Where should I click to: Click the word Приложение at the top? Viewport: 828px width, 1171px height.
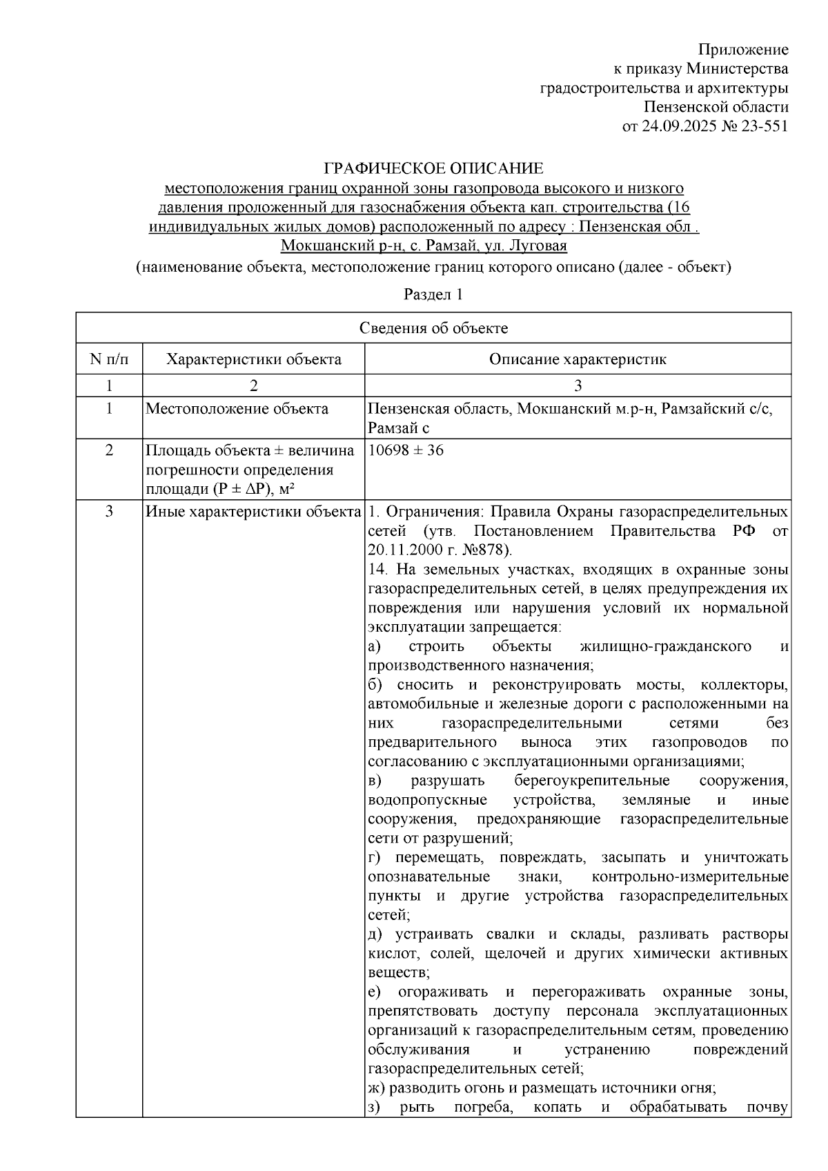pyautogui.click(x=742, y=50)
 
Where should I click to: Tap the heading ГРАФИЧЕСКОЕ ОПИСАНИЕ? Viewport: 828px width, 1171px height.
pyautogui.click(x=433, y=168)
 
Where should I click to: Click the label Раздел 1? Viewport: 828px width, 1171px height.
pyautogui.click(x=433, y=294)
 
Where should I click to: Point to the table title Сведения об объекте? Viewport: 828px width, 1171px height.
pyautogui.click(x=433, y=328)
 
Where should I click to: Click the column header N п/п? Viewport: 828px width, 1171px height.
pyautogui.click(x=109, y=359)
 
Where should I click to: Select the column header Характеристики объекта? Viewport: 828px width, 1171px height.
pyautogui.click(x=254, y=359)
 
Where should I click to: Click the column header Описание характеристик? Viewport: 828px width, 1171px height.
pyautogui.click(x=578, y=359)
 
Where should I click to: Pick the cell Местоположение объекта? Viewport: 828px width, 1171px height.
pyautogui.click(x=237, y=409)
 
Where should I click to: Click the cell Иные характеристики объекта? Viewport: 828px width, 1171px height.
pyautogui.click(x=253, y=512)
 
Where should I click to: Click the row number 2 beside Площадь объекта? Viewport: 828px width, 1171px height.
pyautogui.click(x=109, y=450)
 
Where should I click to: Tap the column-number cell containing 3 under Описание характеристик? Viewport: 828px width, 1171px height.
pyautogui.click(x=578, y=385)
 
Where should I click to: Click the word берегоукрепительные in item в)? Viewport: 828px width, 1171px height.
pyautogui.click(x=591, y=781)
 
